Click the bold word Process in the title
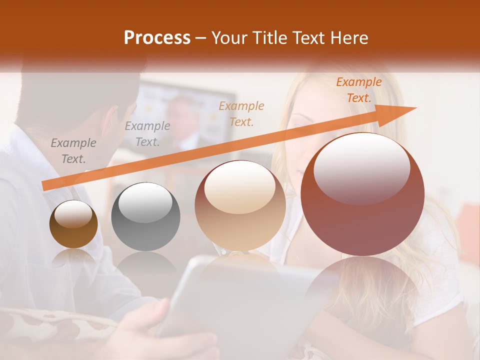click(x=157, y=38)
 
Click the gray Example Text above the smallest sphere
click(x=73, y=151)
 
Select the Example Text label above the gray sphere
click(x=147, y=134)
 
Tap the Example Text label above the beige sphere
click(x=241, y=113)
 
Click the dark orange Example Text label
click(x=358, y=90)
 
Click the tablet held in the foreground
click(x=240, y=305)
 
